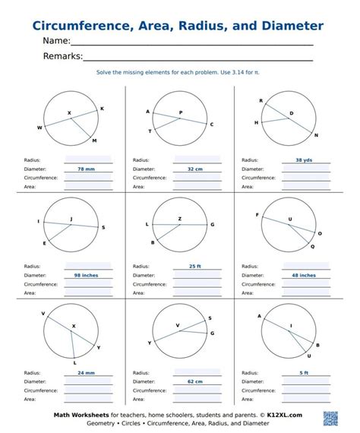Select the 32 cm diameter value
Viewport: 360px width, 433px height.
coord(194,169)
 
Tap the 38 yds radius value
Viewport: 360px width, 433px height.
coord(304,160)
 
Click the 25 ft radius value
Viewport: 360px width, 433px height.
coord(194,267)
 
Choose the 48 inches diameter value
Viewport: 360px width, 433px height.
coord(304,275)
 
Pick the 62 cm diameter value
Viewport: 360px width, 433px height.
coord(194,381)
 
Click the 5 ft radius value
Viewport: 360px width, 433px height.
coord(304,373)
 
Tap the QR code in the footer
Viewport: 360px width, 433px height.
coord(331,419)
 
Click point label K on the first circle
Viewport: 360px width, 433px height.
coord(102,109)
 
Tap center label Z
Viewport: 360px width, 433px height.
coord(180,218)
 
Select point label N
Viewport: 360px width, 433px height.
coord(316,135)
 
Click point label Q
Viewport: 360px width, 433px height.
coord(313,246)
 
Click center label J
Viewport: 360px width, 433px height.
coord(71,219)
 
